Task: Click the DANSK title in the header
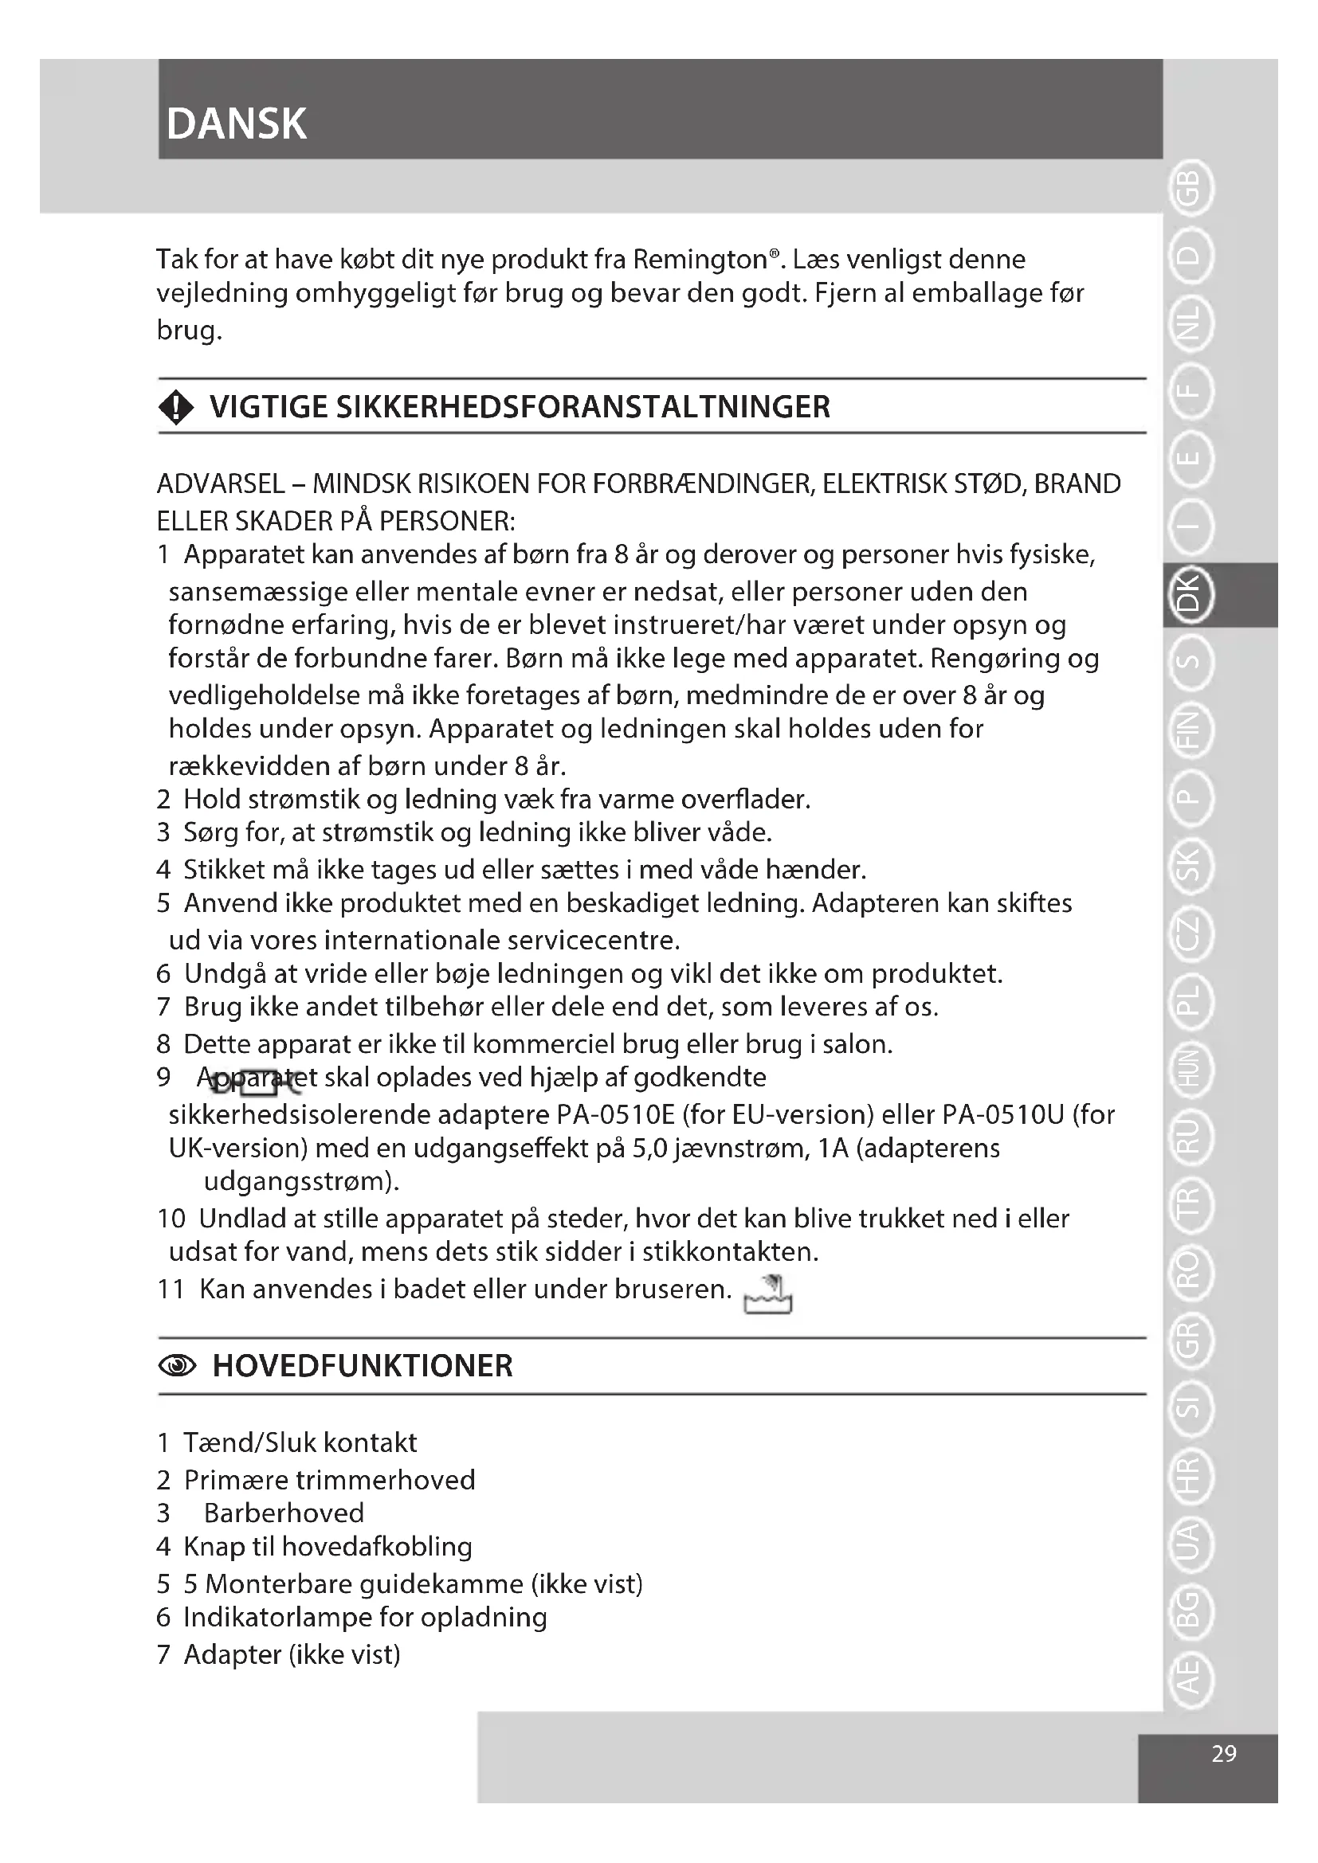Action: (236, 124)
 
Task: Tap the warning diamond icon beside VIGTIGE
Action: (176, 407)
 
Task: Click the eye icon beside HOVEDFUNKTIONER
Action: (177, 1368)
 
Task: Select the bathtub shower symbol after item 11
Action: (767, 1294)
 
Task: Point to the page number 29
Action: (1223, 1753)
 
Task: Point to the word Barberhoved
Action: (283, 1513)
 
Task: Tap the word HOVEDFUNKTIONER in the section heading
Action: (362, 1367)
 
